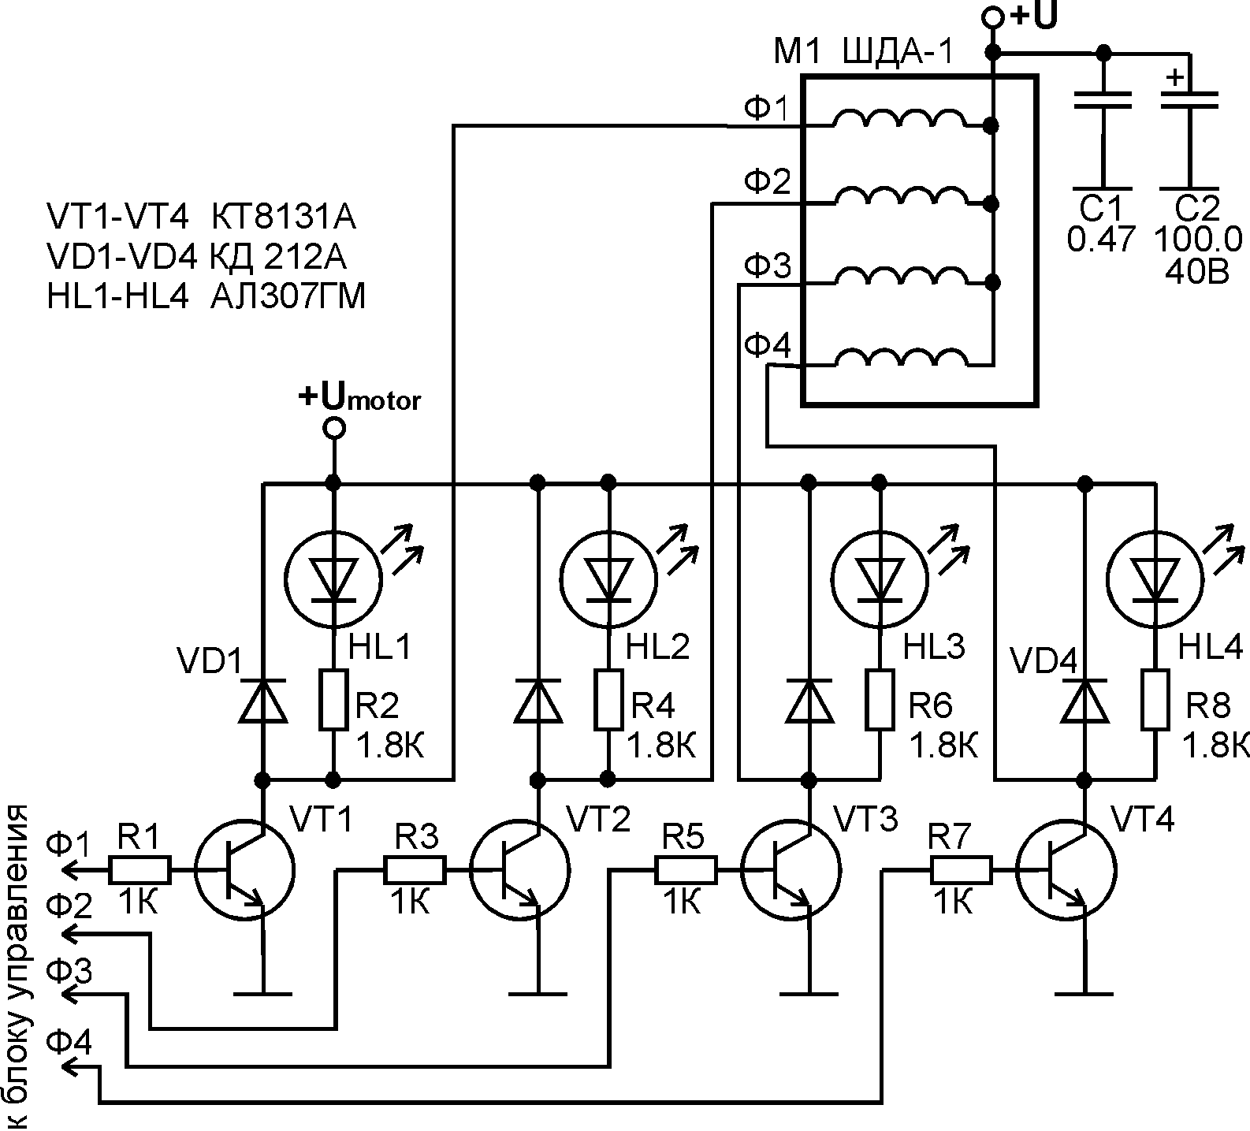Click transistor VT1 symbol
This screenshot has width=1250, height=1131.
[244, 870]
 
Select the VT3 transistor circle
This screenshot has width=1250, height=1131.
[791, 870]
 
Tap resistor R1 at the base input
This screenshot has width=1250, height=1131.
[140, 870]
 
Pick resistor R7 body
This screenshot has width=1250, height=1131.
[962, 870]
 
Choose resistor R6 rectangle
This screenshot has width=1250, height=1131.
[880, 700]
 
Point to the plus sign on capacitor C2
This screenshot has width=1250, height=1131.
[1174, 78]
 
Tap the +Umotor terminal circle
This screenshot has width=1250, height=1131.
[334, 428]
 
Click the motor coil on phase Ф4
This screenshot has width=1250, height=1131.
[899, 359]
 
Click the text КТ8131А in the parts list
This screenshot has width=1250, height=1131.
[284, 217]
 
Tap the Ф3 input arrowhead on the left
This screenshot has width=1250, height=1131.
[69, 994]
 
